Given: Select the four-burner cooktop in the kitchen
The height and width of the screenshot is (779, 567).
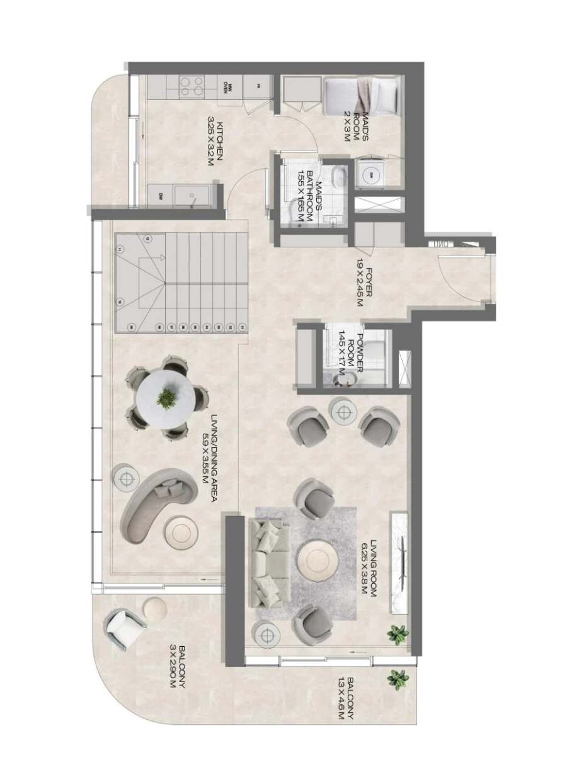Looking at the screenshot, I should [192, 86].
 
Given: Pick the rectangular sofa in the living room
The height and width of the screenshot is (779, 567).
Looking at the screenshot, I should [270, 561].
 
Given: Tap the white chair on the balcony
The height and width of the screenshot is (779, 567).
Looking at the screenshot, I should [125, 627].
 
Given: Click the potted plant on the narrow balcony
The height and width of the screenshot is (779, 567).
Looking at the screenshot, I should [398, 679].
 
